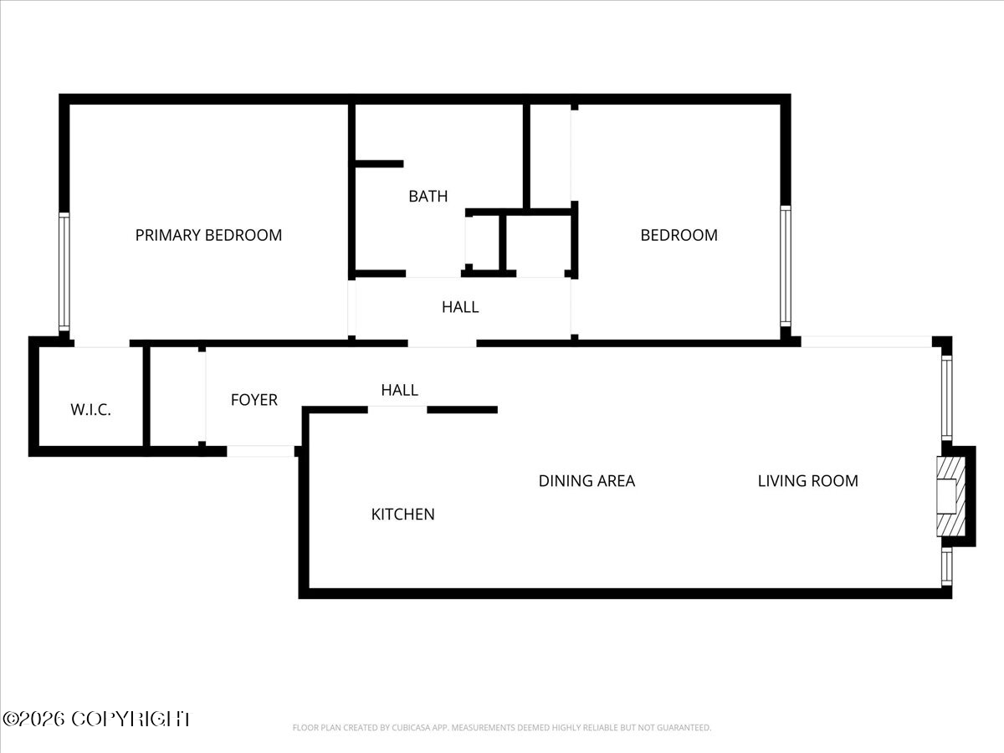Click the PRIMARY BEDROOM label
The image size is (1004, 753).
coord(208,235)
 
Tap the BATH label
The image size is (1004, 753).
coord(428,197)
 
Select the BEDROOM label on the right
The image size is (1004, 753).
coord(679,235)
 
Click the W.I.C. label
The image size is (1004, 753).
coord(90,410)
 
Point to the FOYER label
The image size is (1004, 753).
coord(254,400)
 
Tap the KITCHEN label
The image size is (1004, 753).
coord(402,514)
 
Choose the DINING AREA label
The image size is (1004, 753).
coord(586,481)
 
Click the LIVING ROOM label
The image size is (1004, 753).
coord(807,481)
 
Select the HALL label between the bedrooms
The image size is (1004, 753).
coord(460,307)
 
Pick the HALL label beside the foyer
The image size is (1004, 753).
coord(399,390)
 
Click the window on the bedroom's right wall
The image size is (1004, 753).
coord(785,265)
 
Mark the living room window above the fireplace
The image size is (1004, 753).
coord(947,397)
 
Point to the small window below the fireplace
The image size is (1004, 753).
coord(946,566)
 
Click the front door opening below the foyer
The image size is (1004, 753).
coord(260,451)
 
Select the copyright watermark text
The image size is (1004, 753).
coord(96,718)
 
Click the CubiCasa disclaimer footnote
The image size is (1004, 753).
coord(502,728)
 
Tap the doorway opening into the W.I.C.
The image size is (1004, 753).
coord(101,343)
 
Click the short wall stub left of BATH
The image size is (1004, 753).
coord(379,164)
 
